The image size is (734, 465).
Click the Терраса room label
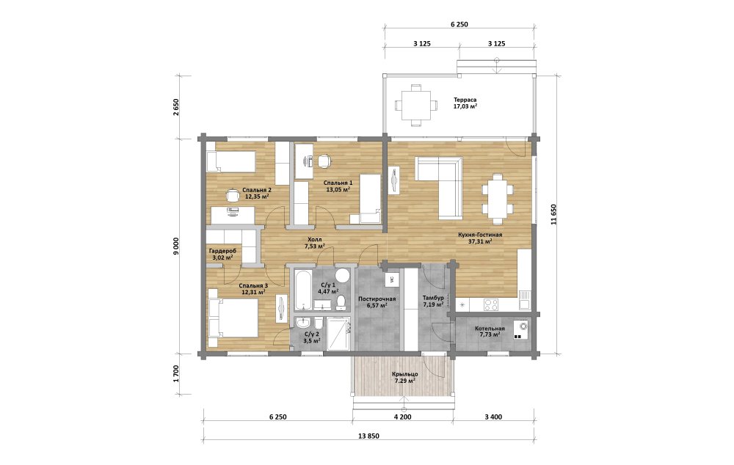click(x=465, y=100)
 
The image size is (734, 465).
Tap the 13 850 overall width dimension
click(x=369, y=436)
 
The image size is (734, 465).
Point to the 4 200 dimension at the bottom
click(x=402, y=417)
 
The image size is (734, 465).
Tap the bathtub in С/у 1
click(x=302, y=290)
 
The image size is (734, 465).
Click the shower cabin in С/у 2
click(x=338, y=334)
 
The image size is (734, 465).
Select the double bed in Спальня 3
click(x=233, y=317)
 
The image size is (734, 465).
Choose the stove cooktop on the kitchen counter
click(x=491, y=304)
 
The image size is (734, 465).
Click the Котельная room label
click(x=490, y=329)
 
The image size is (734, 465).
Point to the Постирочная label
click(x=377, y=299)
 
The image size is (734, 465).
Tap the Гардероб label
click(x=223, y=252)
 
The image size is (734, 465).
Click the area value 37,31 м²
click(x=480, y=241)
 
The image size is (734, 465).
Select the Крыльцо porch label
click(x=405, y=374)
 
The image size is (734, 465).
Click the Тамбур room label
click(x=433, y=298)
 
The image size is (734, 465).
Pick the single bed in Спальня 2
click(x=230, y=161)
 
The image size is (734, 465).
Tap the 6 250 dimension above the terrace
click(x=459, y=24)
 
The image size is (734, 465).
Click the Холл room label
click(x=315, y=240)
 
